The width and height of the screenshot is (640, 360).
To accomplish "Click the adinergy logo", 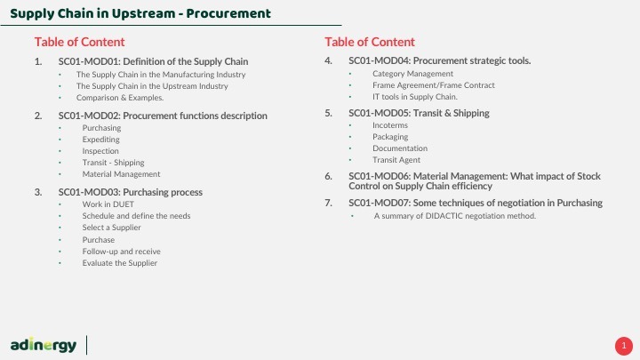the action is [x=44, y=345].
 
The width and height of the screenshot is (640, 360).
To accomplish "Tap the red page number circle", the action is [x=624, y=346].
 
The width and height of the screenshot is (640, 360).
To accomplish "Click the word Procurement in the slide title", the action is [x=228, y=13].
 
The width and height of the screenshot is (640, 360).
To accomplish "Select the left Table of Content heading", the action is [x=80, y=42].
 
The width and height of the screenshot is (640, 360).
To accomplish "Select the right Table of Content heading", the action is [x=370, y=42].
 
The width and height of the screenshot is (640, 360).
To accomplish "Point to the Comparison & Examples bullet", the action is [x=120, y=98].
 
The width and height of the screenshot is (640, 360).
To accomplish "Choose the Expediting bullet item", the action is [x=100, y=140].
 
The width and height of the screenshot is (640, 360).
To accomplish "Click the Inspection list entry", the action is [x=100, y=151].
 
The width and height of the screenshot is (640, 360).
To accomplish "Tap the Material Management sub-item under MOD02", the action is [x=121, y=174].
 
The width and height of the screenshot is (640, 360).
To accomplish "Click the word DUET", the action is [x=124, y=204].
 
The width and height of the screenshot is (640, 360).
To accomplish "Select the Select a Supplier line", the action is [x=111, y=228].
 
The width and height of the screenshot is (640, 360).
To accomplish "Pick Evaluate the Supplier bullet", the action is [x=120, y=263].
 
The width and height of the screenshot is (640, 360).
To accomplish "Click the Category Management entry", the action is [x=412, y=74].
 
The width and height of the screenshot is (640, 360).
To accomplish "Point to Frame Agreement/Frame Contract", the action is [x=434, y=85].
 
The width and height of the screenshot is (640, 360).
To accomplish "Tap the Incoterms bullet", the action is [x=390, y=125].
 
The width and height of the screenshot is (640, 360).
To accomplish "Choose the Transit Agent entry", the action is [x=396, y=160].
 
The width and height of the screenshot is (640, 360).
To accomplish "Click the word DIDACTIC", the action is [x=444, y=216].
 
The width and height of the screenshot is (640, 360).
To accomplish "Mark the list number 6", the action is [x=329, y=176].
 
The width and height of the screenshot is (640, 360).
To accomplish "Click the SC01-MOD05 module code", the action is [x=380, y=113].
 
